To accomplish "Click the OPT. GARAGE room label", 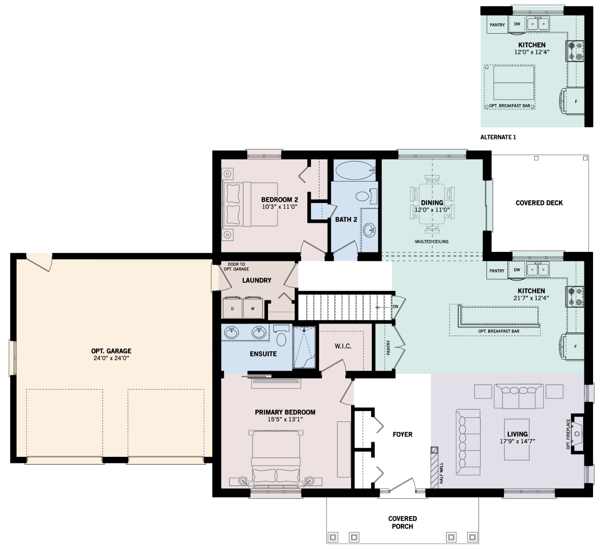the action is click(x=111, y=351).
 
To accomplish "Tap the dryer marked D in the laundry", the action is click(x=232, y=307).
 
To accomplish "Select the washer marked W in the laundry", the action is click(x=252, y=307).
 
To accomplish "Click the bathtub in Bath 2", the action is click(x=355, y=170).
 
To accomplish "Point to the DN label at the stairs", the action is click(x=395, y=307).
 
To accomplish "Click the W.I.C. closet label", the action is click(x=343, y=346).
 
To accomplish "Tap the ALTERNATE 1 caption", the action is click(x=498, y=137).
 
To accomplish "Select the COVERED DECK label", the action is click(x=539, y=203).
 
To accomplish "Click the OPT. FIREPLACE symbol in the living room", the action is click(x=577, y=433).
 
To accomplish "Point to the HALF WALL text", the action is click(x=441, y=473).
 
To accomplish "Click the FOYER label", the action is click(x=403, y=434).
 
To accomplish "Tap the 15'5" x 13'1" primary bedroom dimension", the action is click(x=285, y=419).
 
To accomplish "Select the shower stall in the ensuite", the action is click(x=304, y=347).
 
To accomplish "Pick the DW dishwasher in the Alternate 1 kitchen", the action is click(x=517, y=24).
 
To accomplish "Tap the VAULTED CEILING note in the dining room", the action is click(x=431, y=242).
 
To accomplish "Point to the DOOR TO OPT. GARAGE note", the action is click(x=236, y=267).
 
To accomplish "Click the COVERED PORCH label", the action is click(x=403, y=522).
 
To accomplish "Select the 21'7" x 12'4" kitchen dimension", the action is click(x=531, y=298).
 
